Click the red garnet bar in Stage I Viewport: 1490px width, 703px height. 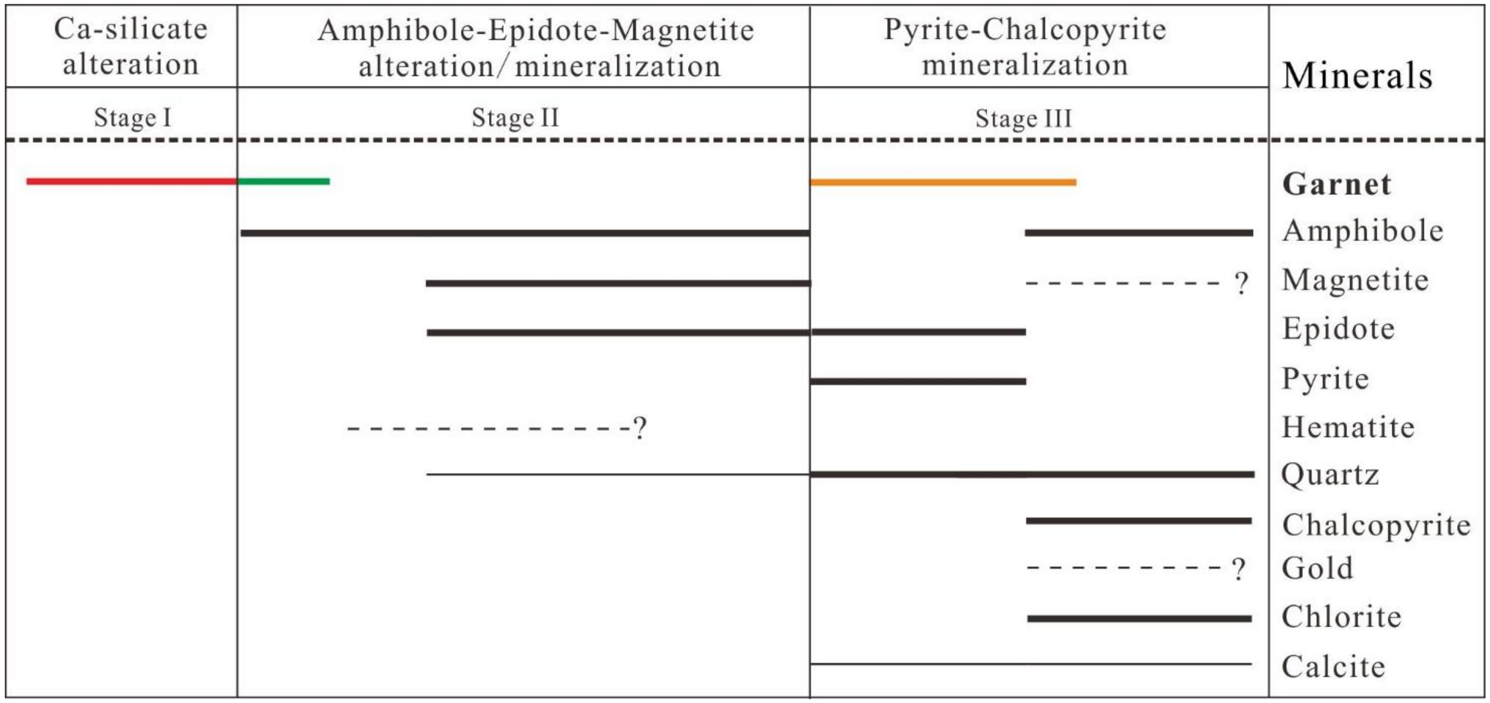tap(132, 182)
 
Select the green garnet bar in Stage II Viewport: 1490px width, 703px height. tap(283, 182)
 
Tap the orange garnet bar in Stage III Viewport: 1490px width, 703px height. tap(943, 183)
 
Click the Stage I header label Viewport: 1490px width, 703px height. tap(133, 118)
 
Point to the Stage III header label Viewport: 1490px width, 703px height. tap(1023, 119)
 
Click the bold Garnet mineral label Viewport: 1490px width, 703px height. tap(1336, 185)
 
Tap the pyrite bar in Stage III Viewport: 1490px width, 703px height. tap(918, 382)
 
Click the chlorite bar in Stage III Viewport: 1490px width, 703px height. tap(1139, 619)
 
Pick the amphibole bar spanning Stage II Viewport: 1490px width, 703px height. tap(525, 233)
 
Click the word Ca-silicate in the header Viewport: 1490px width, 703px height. tap(131, 29)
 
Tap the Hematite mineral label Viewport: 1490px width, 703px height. tap(1348, 428)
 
